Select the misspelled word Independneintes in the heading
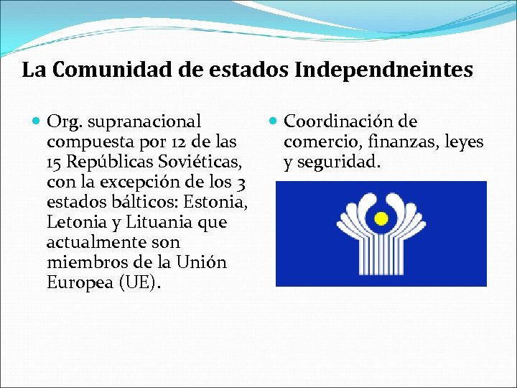click(x=384, y=70)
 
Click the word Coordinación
click(x=340, y=123)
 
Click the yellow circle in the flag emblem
click(x=382, y=216)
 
